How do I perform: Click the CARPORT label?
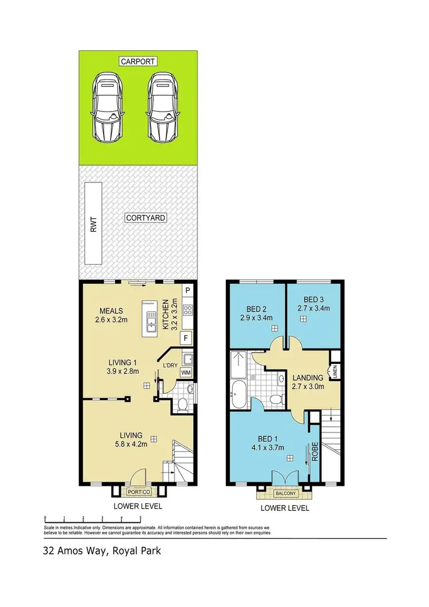pyautogui.click(x=138, y=61)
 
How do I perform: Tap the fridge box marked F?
pyautogui.click(x=186, y=338)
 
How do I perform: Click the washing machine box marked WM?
pyautogui.click(x=185, y=373)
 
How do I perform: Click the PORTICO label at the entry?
pyautogui.click(x=138, y=491)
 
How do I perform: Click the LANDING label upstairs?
pyautogui.click(x=308, y=378)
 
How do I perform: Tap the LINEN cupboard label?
pyautogui.click(x=334, y=372)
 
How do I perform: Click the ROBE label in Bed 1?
pyautogui.click(x=314, y=450)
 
